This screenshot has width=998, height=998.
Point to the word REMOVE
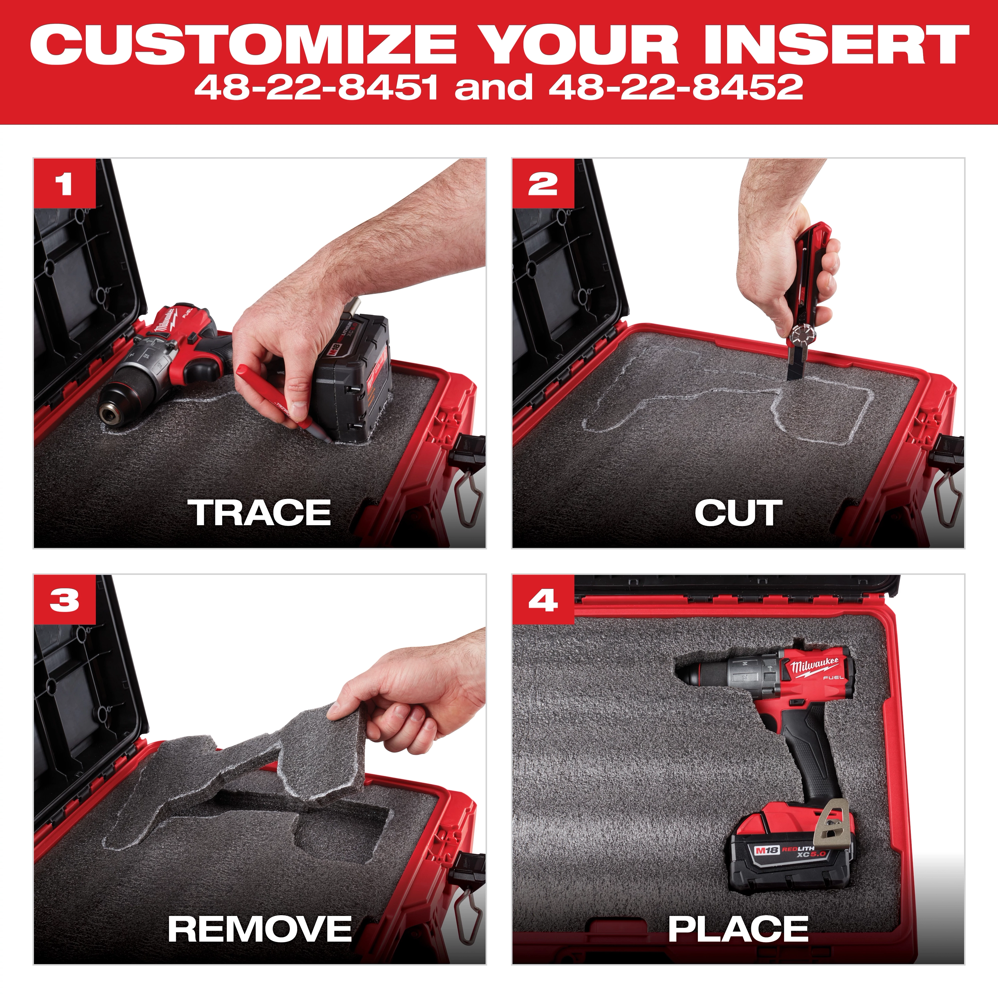click(x=260, y=928)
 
